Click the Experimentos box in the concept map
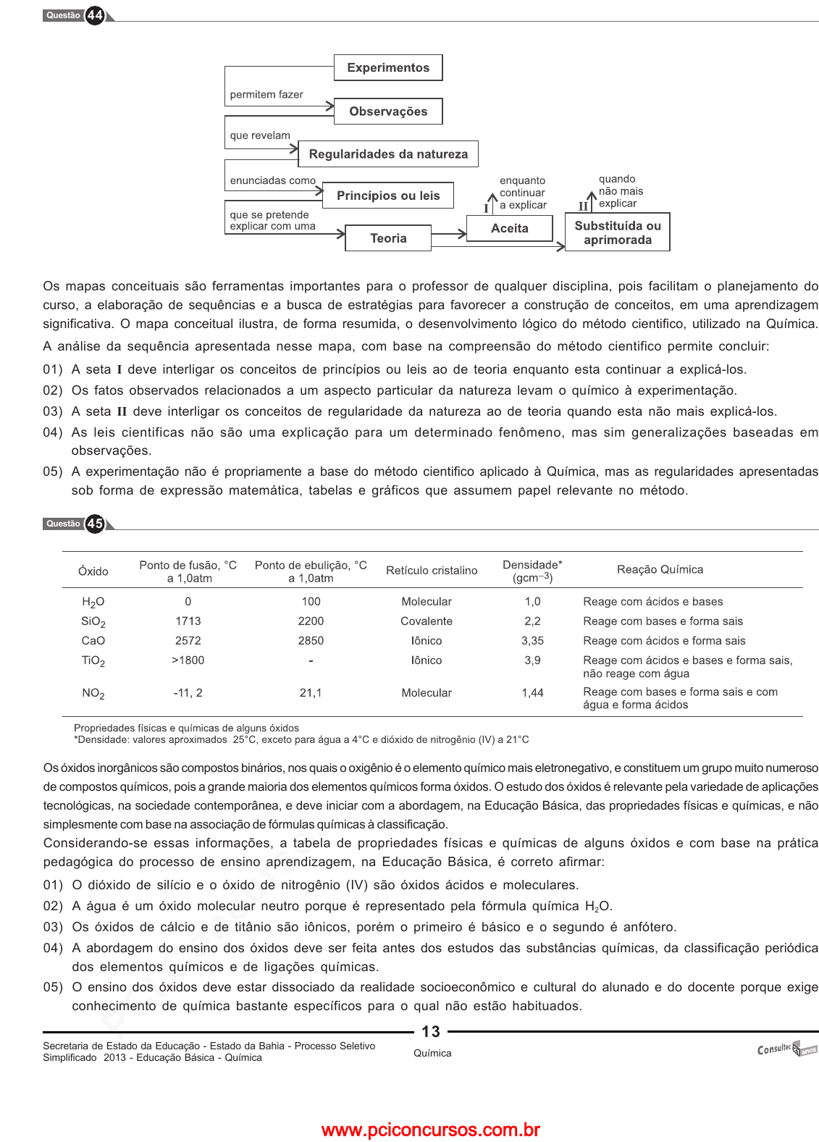tap(388, 68)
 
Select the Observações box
tap(388, 112)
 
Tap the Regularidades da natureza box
tap(388, 154)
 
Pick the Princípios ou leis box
tap(388, 196)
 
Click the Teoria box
tap(388, 238)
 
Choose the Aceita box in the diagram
tap(510, 228)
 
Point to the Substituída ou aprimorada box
tap(618, 232)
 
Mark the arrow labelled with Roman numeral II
tap(592, 202)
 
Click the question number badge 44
tap(95, 15)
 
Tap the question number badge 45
tap(95, 524)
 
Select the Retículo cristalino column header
tap(432, 571)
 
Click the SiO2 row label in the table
tap(93, 622)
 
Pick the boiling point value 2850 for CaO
tap(311, 641)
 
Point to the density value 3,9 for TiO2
tap(532, 660)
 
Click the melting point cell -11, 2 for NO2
tap(188, 693)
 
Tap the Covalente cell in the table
tap(427, 621)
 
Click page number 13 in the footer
tap(431, 1032)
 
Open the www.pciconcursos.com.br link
tap(431, 1130)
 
